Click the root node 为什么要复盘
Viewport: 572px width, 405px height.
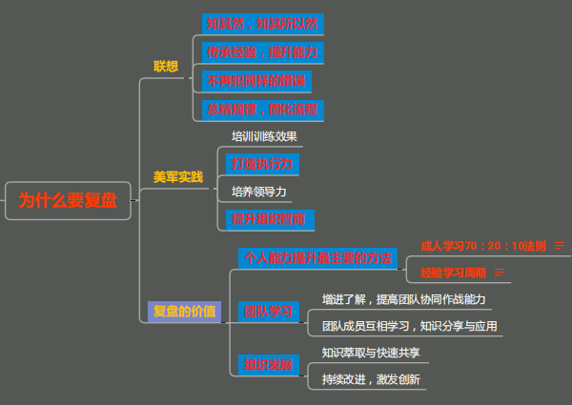[x=68, y=200]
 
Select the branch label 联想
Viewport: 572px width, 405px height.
[x=166, y=66]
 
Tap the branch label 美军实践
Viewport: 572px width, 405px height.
[x=178, y=177]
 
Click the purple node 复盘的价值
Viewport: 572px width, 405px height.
[x=184, y=311]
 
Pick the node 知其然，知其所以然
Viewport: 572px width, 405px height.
[x=261, y=23]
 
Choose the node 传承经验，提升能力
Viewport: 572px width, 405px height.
[x=261, y=51]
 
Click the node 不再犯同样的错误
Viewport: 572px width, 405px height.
[x=257, y=80]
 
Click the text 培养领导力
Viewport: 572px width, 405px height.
[x=259, y=192]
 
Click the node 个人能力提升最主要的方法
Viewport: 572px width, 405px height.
[x=318, y=257]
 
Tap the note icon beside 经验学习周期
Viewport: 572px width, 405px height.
[x=500, y=273]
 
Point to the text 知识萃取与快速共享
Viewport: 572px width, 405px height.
[x=370, y=353]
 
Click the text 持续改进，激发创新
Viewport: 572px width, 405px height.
[x=371, y=379]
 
